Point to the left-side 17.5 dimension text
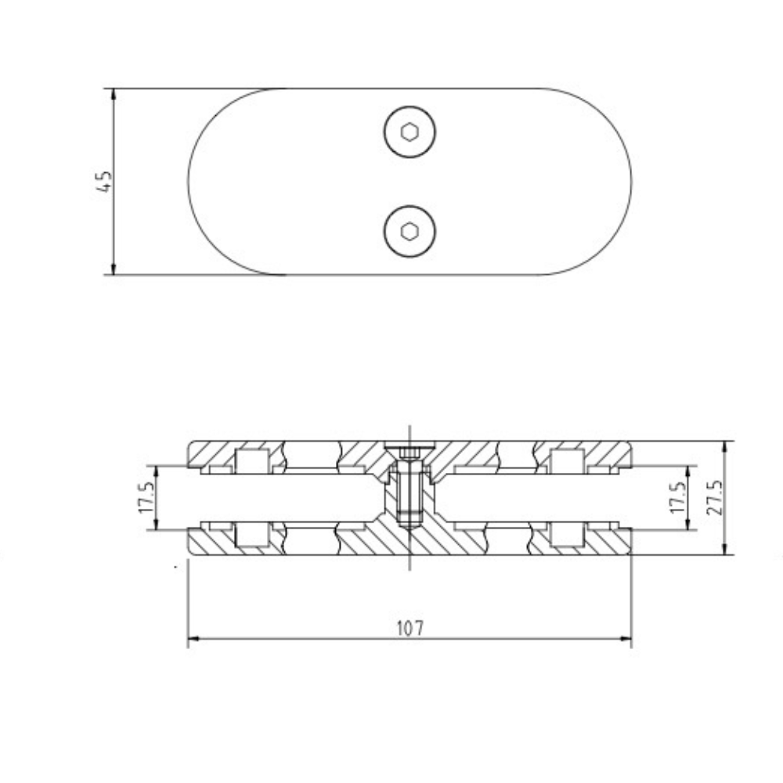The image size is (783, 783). click(x=145, y=498)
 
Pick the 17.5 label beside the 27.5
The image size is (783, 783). click(x=678, y=498)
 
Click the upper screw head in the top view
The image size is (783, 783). click(x=410, y=132)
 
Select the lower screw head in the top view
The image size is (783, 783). click(x=410, y=231)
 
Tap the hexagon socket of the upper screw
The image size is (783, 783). click(x=410, y=132)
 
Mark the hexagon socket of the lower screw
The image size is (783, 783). click(x=410, y=231)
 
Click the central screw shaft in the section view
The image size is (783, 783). click(x=409, y=493)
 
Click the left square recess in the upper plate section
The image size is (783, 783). click(x=251, y=462)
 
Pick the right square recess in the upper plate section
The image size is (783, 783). click(x=567, y=462)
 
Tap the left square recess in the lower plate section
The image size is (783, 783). click(x=251, y=535)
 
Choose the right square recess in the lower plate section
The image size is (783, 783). click(x=567, y=535)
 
